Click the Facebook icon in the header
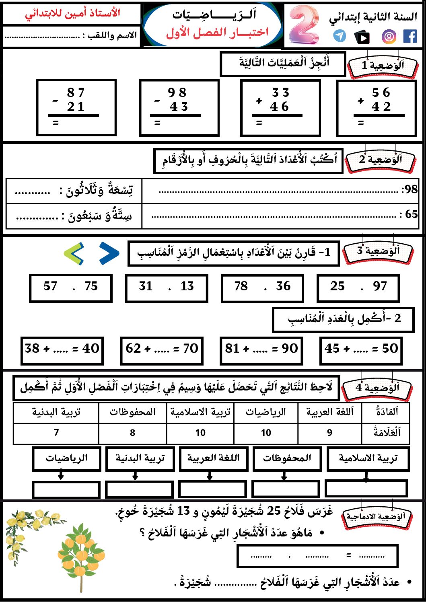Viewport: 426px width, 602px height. pyautogui.click(x=410, y=37)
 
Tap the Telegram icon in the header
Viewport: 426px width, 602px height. pyautogui.click(x=340, y=36)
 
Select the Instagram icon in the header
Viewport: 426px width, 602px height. pyautogui.click(x=389, y=37)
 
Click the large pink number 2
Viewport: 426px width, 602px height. pyautogui.click(x=304, y=25)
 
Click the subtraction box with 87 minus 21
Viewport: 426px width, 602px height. pyautogui.click(x=76, y=107)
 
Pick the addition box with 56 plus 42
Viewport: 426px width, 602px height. pyautogui.click(x=377, y=108)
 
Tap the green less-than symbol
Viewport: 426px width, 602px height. pyautogui.click(x=74, y=253)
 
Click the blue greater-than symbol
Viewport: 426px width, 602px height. pyautogui.click(x=109, y=253)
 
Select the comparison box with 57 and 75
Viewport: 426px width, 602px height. pyautogui.click(x=70, y=288)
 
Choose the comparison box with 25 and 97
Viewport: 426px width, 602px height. pyautogui.click(x=358, y=288)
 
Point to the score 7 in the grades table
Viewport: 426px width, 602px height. pyautogui.click(x=56, y=433)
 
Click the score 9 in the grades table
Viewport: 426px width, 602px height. pyautogui.click(x=329, y=433)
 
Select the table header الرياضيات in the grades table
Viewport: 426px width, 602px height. pyautogui.click(x=265, y=413)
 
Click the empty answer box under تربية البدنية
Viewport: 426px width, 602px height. pyautogui.click(x=139, y=489)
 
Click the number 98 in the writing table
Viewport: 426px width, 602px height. pyautogui.click(x=410, y=189)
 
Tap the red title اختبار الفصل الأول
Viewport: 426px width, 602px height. pyautogui.click(x=217, y=33)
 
